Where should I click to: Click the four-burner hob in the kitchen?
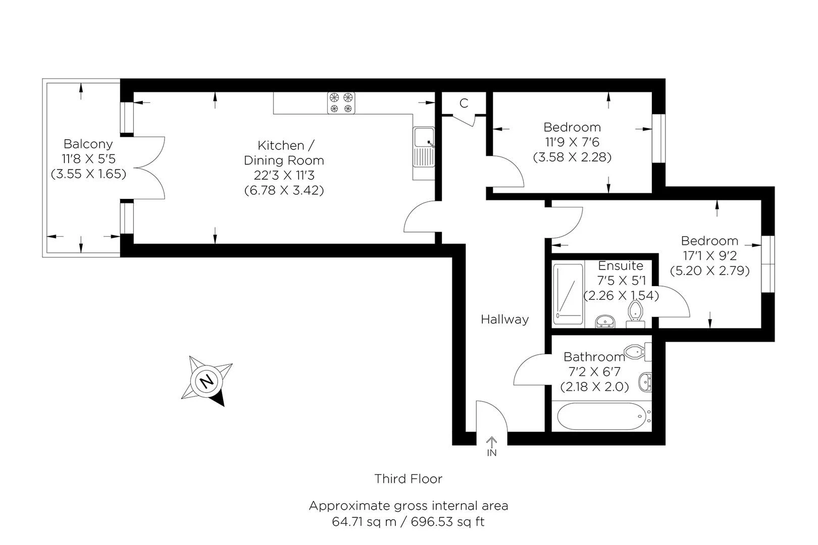tap(341, 103)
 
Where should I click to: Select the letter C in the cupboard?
tap(464, 103)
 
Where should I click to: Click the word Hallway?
tap(504, 319)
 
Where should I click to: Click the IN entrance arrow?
tap(491, 443)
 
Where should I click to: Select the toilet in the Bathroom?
tap(638, 352)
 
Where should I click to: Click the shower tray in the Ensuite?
tap(568, 294)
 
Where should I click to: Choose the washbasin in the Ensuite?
tap(605, 321)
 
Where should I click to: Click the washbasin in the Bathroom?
tap(645, 382)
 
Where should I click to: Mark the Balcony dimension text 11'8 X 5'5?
tap(89, 159)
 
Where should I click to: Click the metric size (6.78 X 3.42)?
tap(284, 190)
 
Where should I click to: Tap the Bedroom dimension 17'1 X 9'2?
tap(709, 255)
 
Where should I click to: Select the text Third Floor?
tap(408, 478)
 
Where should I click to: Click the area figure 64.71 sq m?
tap(364, 522)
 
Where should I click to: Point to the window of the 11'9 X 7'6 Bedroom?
tap(659, 138)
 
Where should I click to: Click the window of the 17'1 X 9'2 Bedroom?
tap(768, 264)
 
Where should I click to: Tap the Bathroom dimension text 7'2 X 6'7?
tap(594, 371)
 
